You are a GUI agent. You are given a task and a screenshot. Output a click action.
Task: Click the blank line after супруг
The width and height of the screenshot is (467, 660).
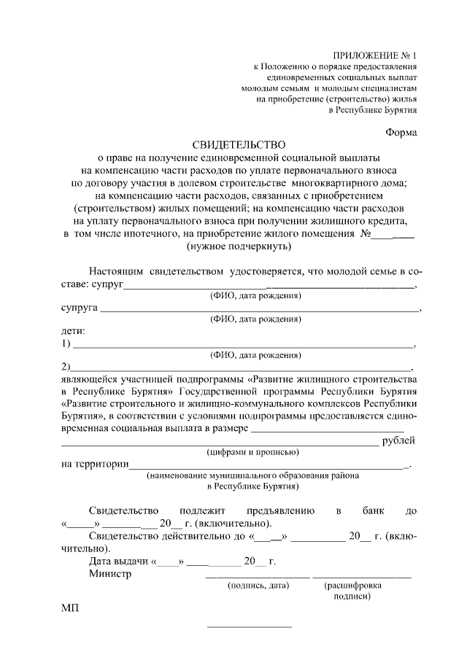[270, 287]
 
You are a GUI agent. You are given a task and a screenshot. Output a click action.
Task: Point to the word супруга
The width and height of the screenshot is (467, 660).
[79, 308]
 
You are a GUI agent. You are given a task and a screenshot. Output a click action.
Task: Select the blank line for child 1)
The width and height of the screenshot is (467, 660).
[244, 345]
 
